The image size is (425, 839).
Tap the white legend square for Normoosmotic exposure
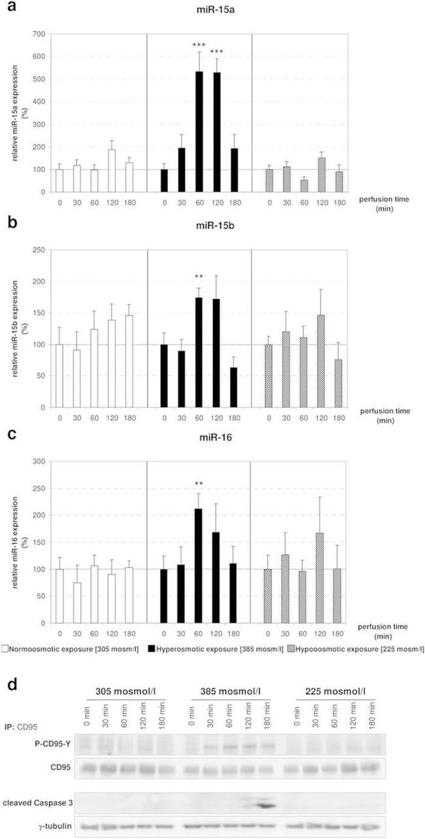coord(5,649)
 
